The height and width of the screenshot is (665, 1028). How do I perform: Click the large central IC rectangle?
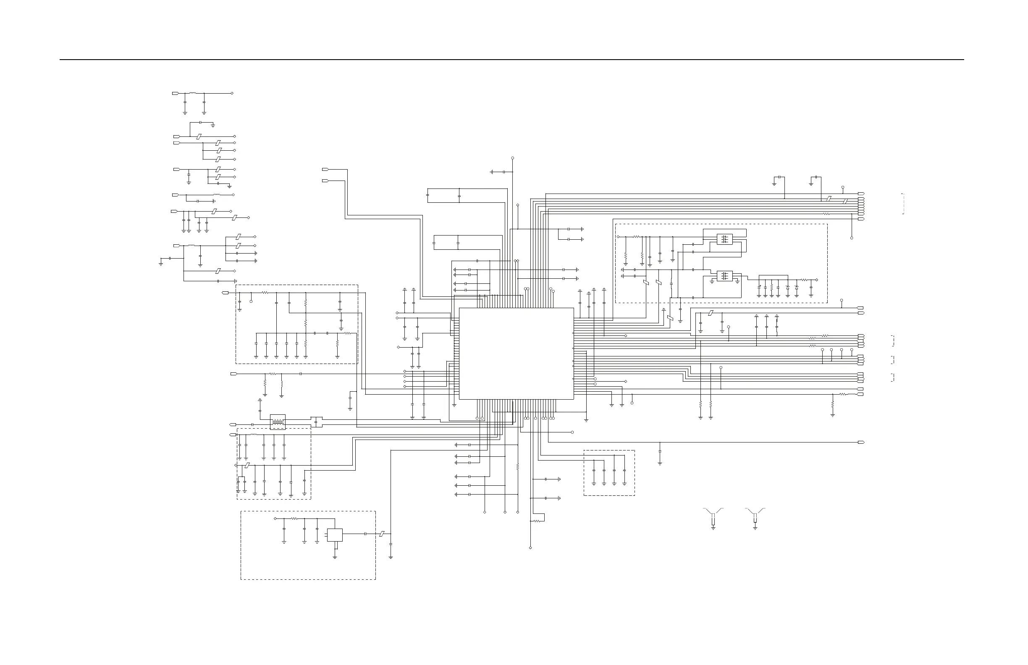(516, 353)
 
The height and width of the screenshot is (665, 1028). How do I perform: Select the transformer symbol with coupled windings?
(278, 422)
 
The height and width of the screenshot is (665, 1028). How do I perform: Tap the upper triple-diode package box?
(725, 239)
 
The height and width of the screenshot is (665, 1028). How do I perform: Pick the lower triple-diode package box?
(725, 275)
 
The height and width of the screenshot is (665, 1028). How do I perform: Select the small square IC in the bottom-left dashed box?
(335, 535)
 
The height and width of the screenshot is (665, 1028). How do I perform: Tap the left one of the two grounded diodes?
(787, 287)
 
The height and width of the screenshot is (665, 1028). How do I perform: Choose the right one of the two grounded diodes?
(797, 287)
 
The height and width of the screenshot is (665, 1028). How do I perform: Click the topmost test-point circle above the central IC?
(513, 158)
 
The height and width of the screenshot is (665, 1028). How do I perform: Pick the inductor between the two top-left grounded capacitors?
(193, 93)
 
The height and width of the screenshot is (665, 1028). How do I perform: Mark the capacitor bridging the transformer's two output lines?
(317, 422)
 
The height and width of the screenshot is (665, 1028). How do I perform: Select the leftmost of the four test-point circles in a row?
(822, 350)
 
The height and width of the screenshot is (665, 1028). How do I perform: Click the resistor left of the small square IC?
(294, 518)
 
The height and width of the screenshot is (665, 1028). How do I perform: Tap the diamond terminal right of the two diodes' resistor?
(816, 280)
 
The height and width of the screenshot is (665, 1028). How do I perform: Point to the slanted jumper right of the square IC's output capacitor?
(381, 534)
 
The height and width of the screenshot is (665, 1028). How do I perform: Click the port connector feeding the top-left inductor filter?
(176, 93)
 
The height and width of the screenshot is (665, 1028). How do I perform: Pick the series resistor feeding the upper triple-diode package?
(636, 237)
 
